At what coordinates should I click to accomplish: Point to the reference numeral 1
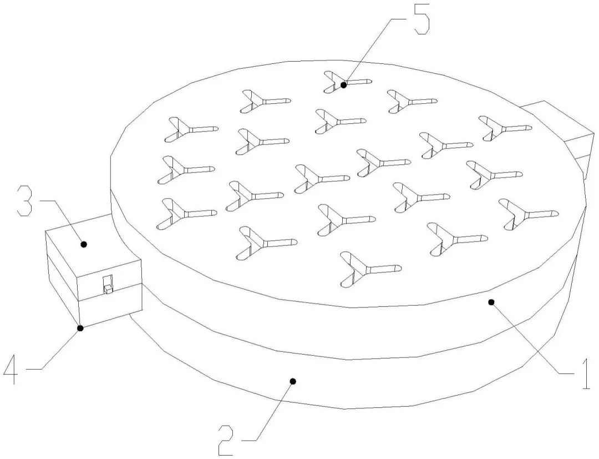tap(583, 372)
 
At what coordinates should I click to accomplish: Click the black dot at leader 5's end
tap(344, 85)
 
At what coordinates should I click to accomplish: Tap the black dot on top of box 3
tap(84, 244)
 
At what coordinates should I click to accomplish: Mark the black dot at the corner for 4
tap(80, 328)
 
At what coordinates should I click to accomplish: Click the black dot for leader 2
tap(293, 381)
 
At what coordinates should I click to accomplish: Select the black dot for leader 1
tap(491, 301)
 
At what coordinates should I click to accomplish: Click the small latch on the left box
tap(108, 285)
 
